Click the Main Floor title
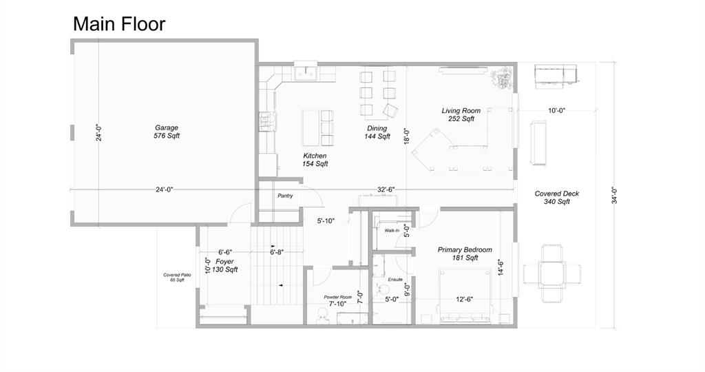(x=119, y=24)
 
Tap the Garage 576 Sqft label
(x=167, y=132)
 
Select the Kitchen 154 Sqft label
(x=315, y=160)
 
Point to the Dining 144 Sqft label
(x=377, y=132)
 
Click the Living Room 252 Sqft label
(x=461, y=115)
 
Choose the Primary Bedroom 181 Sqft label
(x=465, y=254)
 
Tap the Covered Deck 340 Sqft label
(x=556, y=198)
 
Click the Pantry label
(x=285, y=196)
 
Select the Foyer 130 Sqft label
(x=224, y=265)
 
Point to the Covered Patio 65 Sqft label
(x=177, y=277)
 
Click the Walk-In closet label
(x=392, y=230)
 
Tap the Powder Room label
(x=337, y=298)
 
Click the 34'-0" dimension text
(x=614, y=196)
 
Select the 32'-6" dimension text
(x=386, y=190)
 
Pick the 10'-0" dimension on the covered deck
(x=556, y=110)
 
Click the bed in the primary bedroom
(x=465, y=296)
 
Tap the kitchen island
(x=310, y=128)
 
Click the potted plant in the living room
(x=502, y=79)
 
